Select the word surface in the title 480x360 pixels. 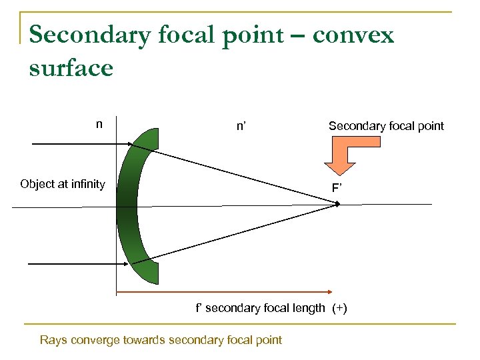71,67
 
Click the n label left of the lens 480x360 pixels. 99,123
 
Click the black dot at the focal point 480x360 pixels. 338,204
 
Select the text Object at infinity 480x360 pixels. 63,184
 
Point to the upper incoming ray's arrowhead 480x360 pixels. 128,144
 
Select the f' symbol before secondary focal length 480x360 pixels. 199,308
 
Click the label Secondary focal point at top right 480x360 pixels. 386,126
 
